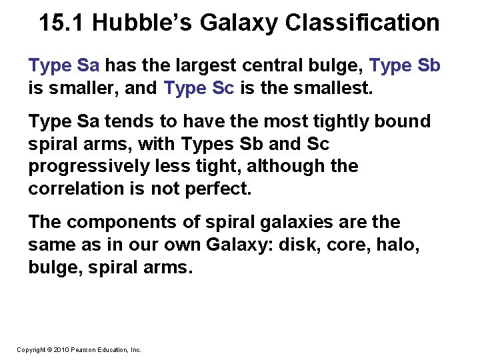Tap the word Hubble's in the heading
[x=142, y=23]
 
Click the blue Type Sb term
[x=405, y=66]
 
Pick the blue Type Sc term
[x=199, y=87]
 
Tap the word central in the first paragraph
[x=269, y=66]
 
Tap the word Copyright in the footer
[x=31, y=349]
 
